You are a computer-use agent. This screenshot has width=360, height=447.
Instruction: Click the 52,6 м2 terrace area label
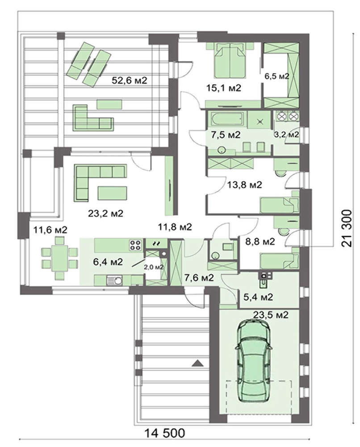(x=129, y=80)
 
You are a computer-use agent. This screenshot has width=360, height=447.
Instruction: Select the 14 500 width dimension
(x=165, y=433)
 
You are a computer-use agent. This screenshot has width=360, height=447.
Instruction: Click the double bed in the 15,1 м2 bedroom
(x=230, y=61)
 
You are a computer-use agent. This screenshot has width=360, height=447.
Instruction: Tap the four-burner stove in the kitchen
(x=136, y=245)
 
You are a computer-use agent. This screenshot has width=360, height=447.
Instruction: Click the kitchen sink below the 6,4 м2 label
(x=114, y=280)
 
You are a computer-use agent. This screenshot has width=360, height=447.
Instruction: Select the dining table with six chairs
(x=59, y=259)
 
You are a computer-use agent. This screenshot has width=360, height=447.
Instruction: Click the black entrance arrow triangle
(x=197, y=363)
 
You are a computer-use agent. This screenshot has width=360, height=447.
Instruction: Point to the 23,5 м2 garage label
(x=271, y=315)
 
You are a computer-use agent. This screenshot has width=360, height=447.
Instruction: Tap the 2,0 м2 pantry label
(x=154, y=267)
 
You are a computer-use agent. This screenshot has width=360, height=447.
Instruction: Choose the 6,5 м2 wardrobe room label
(x=276, y=76)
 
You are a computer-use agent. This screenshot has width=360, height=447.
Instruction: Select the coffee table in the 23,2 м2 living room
(x=112, y=193)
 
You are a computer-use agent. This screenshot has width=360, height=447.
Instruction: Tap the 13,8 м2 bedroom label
(x=244, y=185)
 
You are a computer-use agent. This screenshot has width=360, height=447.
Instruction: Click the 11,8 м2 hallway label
(x=175, y=227)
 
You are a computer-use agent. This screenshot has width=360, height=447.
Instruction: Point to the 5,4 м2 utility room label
(x=258, y=297)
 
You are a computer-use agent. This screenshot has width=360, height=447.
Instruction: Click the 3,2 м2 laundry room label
(x=286, y=135)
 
